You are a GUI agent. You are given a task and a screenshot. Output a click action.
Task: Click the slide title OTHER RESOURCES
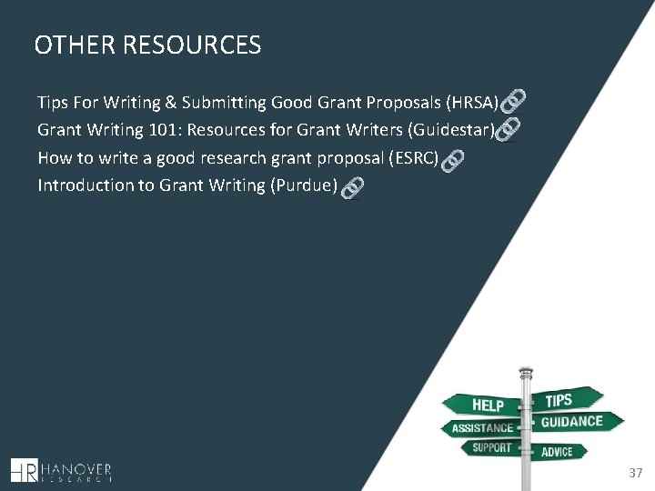tap(147, 45)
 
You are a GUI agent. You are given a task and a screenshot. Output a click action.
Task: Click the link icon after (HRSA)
tap(513, 99)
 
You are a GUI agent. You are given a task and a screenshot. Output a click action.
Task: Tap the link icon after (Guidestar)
tap(509, 128)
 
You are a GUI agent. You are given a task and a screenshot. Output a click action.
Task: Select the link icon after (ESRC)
tap(452, 161)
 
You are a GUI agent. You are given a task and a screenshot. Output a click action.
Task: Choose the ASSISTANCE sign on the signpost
tap(480, 428)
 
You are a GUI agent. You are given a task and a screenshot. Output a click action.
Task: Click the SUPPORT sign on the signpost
tap(491, 448)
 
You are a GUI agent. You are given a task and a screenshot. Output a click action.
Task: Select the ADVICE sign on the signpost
tap(557, 451)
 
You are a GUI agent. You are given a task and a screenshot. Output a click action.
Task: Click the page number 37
tap(635, 473)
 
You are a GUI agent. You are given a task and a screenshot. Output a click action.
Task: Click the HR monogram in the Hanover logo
tap(25, 470)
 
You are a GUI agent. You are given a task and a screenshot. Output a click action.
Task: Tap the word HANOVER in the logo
tap(77, 466)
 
